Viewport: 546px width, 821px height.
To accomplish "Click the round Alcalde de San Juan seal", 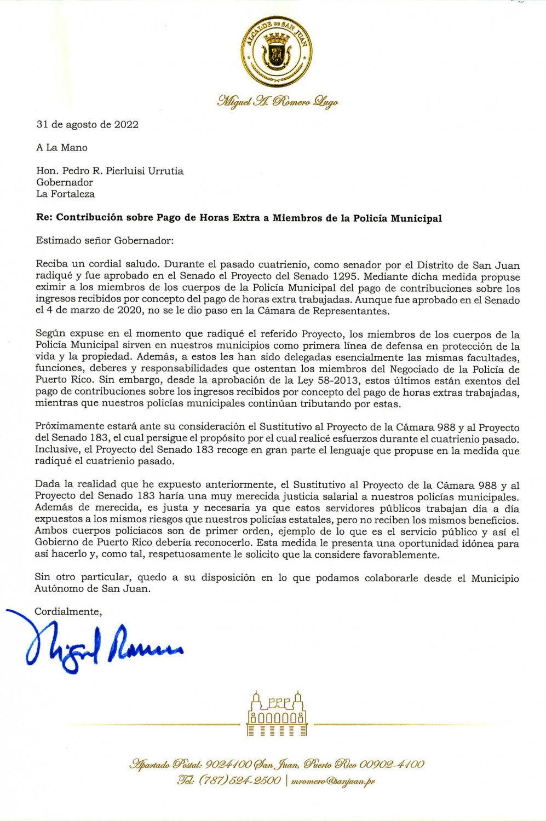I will coord(277,52).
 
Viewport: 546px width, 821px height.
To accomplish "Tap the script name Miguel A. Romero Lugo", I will coord(277,101).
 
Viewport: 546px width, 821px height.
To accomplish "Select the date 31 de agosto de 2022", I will coord(88,125).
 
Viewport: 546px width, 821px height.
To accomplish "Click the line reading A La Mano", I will coord(62,148).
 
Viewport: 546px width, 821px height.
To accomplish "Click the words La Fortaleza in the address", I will coord(65,194).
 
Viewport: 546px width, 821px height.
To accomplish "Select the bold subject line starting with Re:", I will coord(239,218).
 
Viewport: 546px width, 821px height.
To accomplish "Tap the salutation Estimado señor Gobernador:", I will coord(105,240).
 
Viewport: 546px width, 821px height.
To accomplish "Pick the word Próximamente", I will coord(70,427).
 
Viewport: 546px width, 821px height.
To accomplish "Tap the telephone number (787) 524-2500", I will coord(239,780).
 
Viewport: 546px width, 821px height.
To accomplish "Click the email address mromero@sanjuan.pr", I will coord(333,781).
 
